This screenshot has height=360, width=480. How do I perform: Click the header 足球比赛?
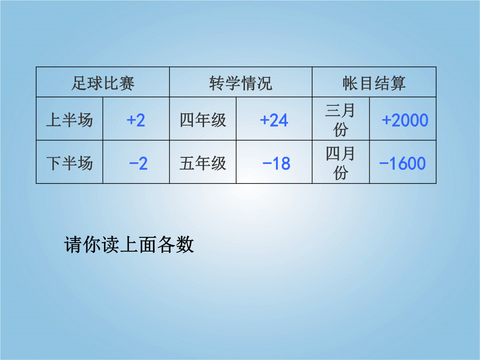(103, 83)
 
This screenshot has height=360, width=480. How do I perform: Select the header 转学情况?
(240, 83)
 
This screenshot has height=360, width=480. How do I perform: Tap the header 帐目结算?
(374, 83)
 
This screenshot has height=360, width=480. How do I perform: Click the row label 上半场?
(69, 120)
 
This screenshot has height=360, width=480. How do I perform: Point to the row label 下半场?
(69, 163)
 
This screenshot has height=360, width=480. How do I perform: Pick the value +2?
(136, 120)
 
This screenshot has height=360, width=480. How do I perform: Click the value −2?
(138, 163)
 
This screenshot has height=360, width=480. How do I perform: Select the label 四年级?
(203, 120)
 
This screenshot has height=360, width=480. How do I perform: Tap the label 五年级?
(203, 163)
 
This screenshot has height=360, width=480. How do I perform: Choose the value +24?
(274, 120)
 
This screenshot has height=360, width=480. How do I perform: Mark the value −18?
(276, 163)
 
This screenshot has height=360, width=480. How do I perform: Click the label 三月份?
(340, 120)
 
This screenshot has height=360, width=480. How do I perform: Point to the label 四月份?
(340, 163)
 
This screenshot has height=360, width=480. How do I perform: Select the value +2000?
(405, 120)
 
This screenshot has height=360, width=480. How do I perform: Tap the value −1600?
(403, 163)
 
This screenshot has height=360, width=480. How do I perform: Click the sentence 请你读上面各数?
(129, 244)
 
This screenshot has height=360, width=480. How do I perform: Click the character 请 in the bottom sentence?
(73, 244)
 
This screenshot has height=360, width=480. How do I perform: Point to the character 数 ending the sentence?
(185, 244)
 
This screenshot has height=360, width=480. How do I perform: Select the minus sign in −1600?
(384, 163)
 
